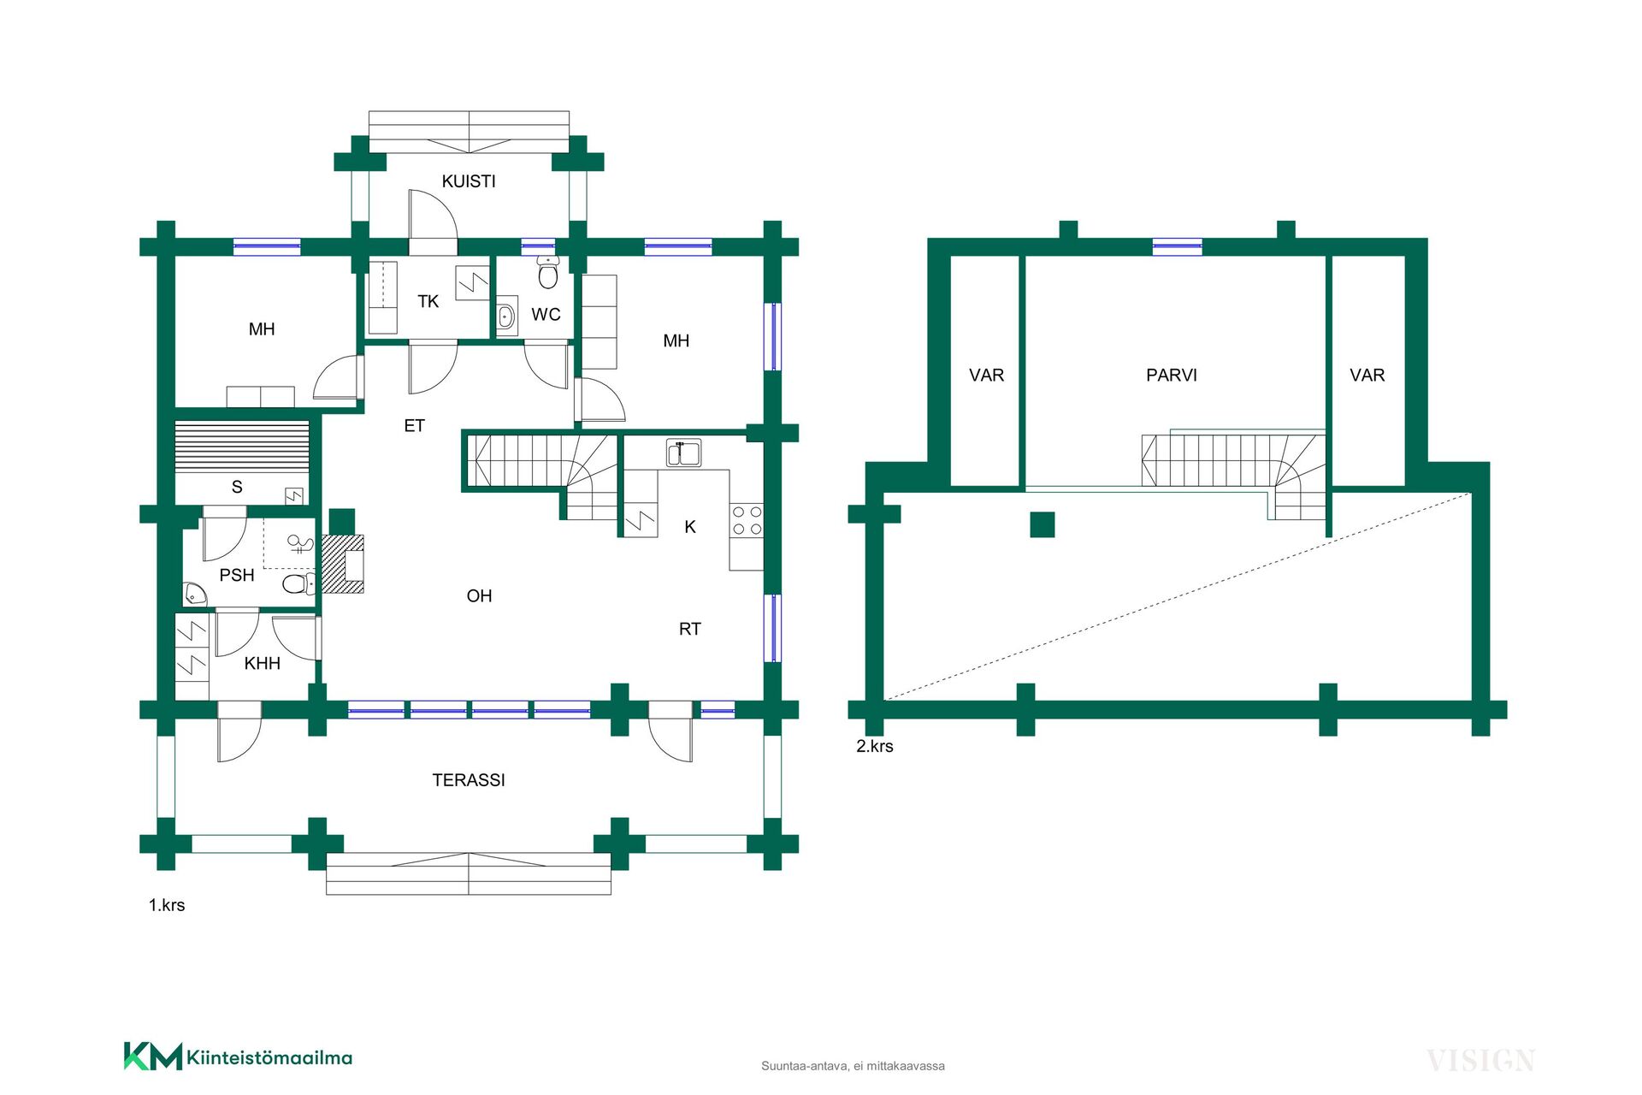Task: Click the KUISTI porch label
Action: (469, 181)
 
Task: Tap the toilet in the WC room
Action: (548, 272)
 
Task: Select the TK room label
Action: (428, 301)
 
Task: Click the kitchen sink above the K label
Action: (683, 453)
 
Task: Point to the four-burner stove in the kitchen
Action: (747, 520)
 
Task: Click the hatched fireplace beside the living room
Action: (343, 564)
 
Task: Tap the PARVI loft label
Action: (1172, 375)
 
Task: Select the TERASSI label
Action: (469, 780)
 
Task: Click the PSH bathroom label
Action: (237, 575)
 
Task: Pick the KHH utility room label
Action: (263, 663)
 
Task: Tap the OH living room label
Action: (480, 596)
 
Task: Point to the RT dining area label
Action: (690, 629)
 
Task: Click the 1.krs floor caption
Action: (167, 905)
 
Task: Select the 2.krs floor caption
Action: (875, 746)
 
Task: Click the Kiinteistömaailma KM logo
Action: (238, 1057)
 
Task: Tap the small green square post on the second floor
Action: (1042, 524)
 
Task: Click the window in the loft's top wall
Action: (1178, 246)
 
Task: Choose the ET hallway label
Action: (415, 425)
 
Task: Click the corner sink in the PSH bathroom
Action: (193, 594)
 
